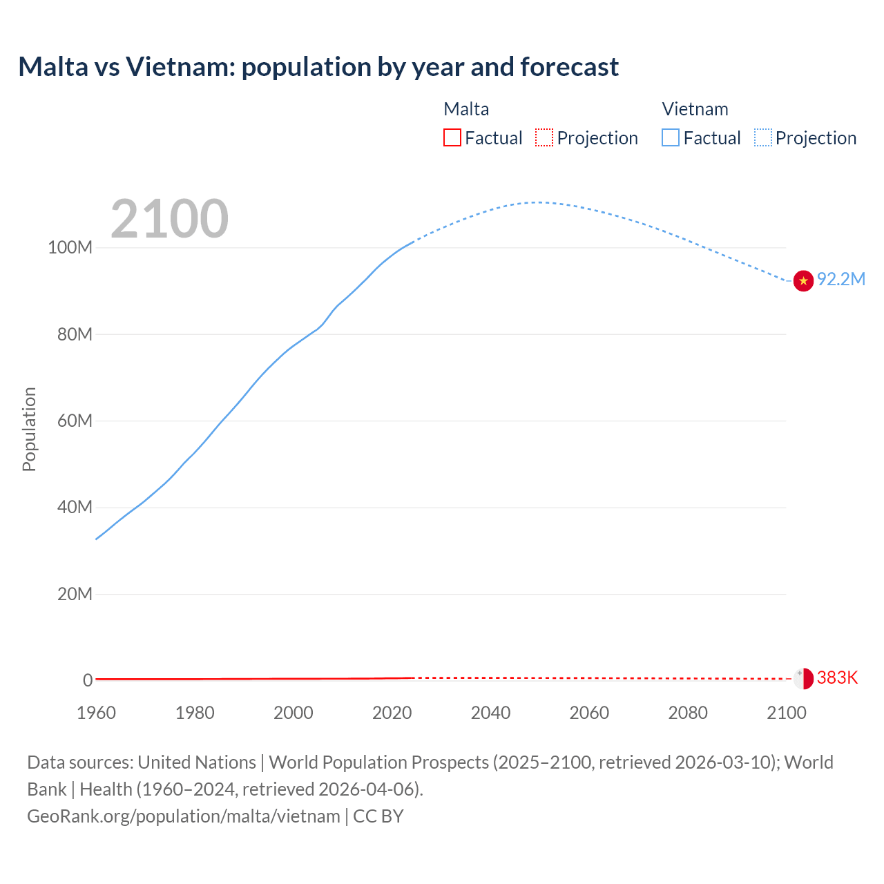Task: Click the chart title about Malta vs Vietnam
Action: coord(318,67)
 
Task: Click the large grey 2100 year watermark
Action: coord(169,219)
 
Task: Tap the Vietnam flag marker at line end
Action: coord(803,281)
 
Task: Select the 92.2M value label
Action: coord(840,279)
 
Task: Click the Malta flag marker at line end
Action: coord(803,678)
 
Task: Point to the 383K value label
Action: coord(837,678)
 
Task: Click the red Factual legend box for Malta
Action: coord(452,137)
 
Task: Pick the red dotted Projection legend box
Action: coord(544,137)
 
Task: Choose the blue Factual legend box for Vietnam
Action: coord(671,137)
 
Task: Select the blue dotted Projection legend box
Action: coord(763,137)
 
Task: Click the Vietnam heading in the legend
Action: coord(695,109)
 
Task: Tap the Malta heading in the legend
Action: coord(466,109)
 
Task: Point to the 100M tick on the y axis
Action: coord(70,247)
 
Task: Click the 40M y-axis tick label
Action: coord(75,507)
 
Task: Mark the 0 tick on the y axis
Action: coord(88,680)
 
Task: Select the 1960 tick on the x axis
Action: coord(96,713)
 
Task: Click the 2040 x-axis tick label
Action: coord(490,713)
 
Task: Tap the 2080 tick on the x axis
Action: coord(688,713)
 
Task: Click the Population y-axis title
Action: coord(29,429)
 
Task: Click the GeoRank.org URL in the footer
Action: coord(183,816)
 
